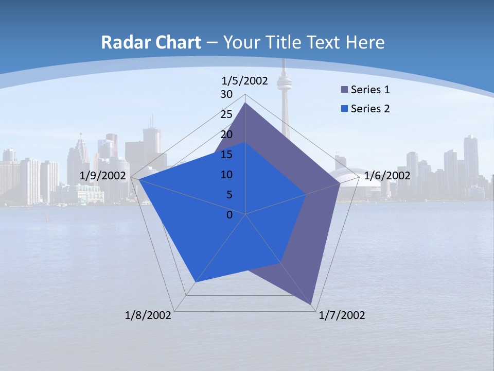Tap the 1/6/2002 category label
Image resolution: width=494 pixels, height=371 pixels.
tap(387, 176)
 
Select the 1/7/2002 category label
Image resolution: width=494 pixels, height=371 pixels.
tap(342, 315)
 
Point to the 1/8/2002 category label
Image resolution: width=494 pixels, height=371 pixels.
tap(148, 315)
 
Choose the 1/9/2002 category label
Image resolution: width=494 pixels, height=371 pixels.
tap(103, 176)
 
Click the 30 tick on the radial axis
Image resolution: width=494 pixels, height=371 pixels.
tap(226, 94)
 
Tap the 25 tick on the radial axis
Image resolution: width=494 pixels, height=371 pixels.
tap(226, 114)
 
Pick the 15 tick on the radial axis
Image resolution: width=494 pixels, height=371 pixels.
tap(226, 155)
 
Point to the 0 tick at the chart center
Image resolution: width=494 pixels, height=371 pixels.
tap(230, 215)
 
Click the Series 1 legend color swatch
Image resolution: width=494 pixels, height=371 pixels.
tap(345, 90)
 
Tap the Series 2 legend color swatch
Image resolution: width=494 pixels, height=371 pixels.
tap(345, 109)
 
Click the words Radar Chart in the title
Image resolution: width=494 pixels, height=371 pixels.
tap(151, 42)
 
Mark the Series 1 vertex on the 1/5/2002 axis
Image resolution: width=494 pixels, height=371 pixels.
tap(245, 103)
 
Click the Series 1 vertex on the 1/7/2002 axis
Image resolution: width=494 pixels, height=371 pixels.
tap(311, 304)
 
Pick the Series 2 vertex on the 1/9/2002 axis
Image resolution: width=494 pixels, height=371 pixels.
tap(139, 180)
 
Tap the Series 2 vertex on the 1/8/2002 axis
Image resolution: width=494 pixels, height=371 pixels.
tap(196, 282)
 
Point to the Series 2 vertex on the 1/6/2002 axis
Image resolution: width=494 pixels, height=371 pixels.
tap(306, 194)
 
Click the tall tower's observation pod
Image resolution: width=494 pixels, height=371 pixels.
tap(284, 81)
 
